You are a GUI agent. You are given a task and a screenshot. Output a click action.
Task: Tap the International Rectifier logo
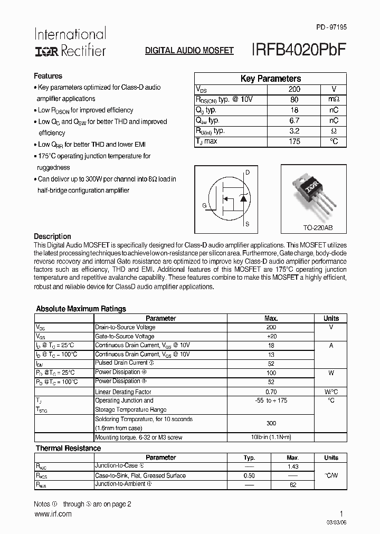pyautogui.click(x=70, y=42)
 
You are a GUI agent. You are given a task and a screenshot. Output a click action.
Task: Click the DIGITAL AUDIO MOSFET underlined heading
pyautogui.click(x=189, y=51)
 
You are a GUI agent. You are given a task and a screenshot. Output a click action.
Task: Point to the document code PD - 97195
pyautogui.click(x=331, y=26)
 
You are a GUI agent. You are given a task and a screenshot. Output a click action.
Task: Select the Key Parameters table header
pyautogui.click(x=271, y=79)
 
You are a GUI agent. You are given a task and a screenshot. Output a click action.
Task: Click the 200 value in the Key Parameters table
pyautogui.click(x=294, y=90)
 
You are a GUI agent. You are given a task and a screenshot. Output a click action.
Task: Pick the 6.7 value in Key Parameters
pyautogui.click(x=294, y=121)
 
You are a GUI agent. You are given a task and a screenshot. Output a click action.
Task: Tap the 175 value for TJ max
pyautogui.click(x=294, y=141)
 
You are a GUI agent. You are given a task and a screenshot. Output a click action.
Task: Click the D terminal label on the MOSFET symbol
pyautogui.click(x=248, y=173)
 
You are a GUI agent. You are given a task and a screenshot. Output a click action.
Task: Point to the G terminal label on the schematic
pyautogui.click(x=203, y=205)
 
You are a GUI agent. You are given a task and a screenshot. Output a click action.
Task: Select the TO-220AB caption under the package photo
pyautogui.click(x=314, y=228)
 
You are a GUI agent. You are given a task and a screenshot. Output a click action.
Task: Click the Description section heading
pyautogui.click(x=52, y=236)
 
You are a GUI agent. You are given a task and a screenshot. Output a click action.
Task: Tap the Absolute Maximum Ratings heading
pyautogui.click(x=81, y=309)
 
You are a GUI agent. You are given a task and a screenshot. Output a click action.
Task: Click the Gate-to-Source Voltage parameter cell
pyautogui.click(x=125, y=336)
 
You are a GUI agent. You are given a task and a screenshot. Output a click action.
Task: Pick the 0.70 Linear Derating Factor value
pyautogui.click(x=271, y=392)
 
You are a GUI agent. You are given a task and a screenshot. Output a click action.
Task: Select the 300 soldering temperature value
pyautogui.click(x=271, y=423)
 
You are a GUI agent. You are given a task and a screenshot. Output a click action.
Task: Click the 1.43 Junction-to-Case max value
pyautogui.click(x=292, y=467)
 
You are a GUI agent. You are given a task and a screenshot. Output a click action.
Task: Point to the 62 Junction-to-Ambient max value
pyautogui.click(x=292, y=484)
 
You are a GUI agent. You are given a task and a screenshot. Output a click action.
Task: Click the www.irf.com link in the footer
pyautogui.click(x=52, y=514)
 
